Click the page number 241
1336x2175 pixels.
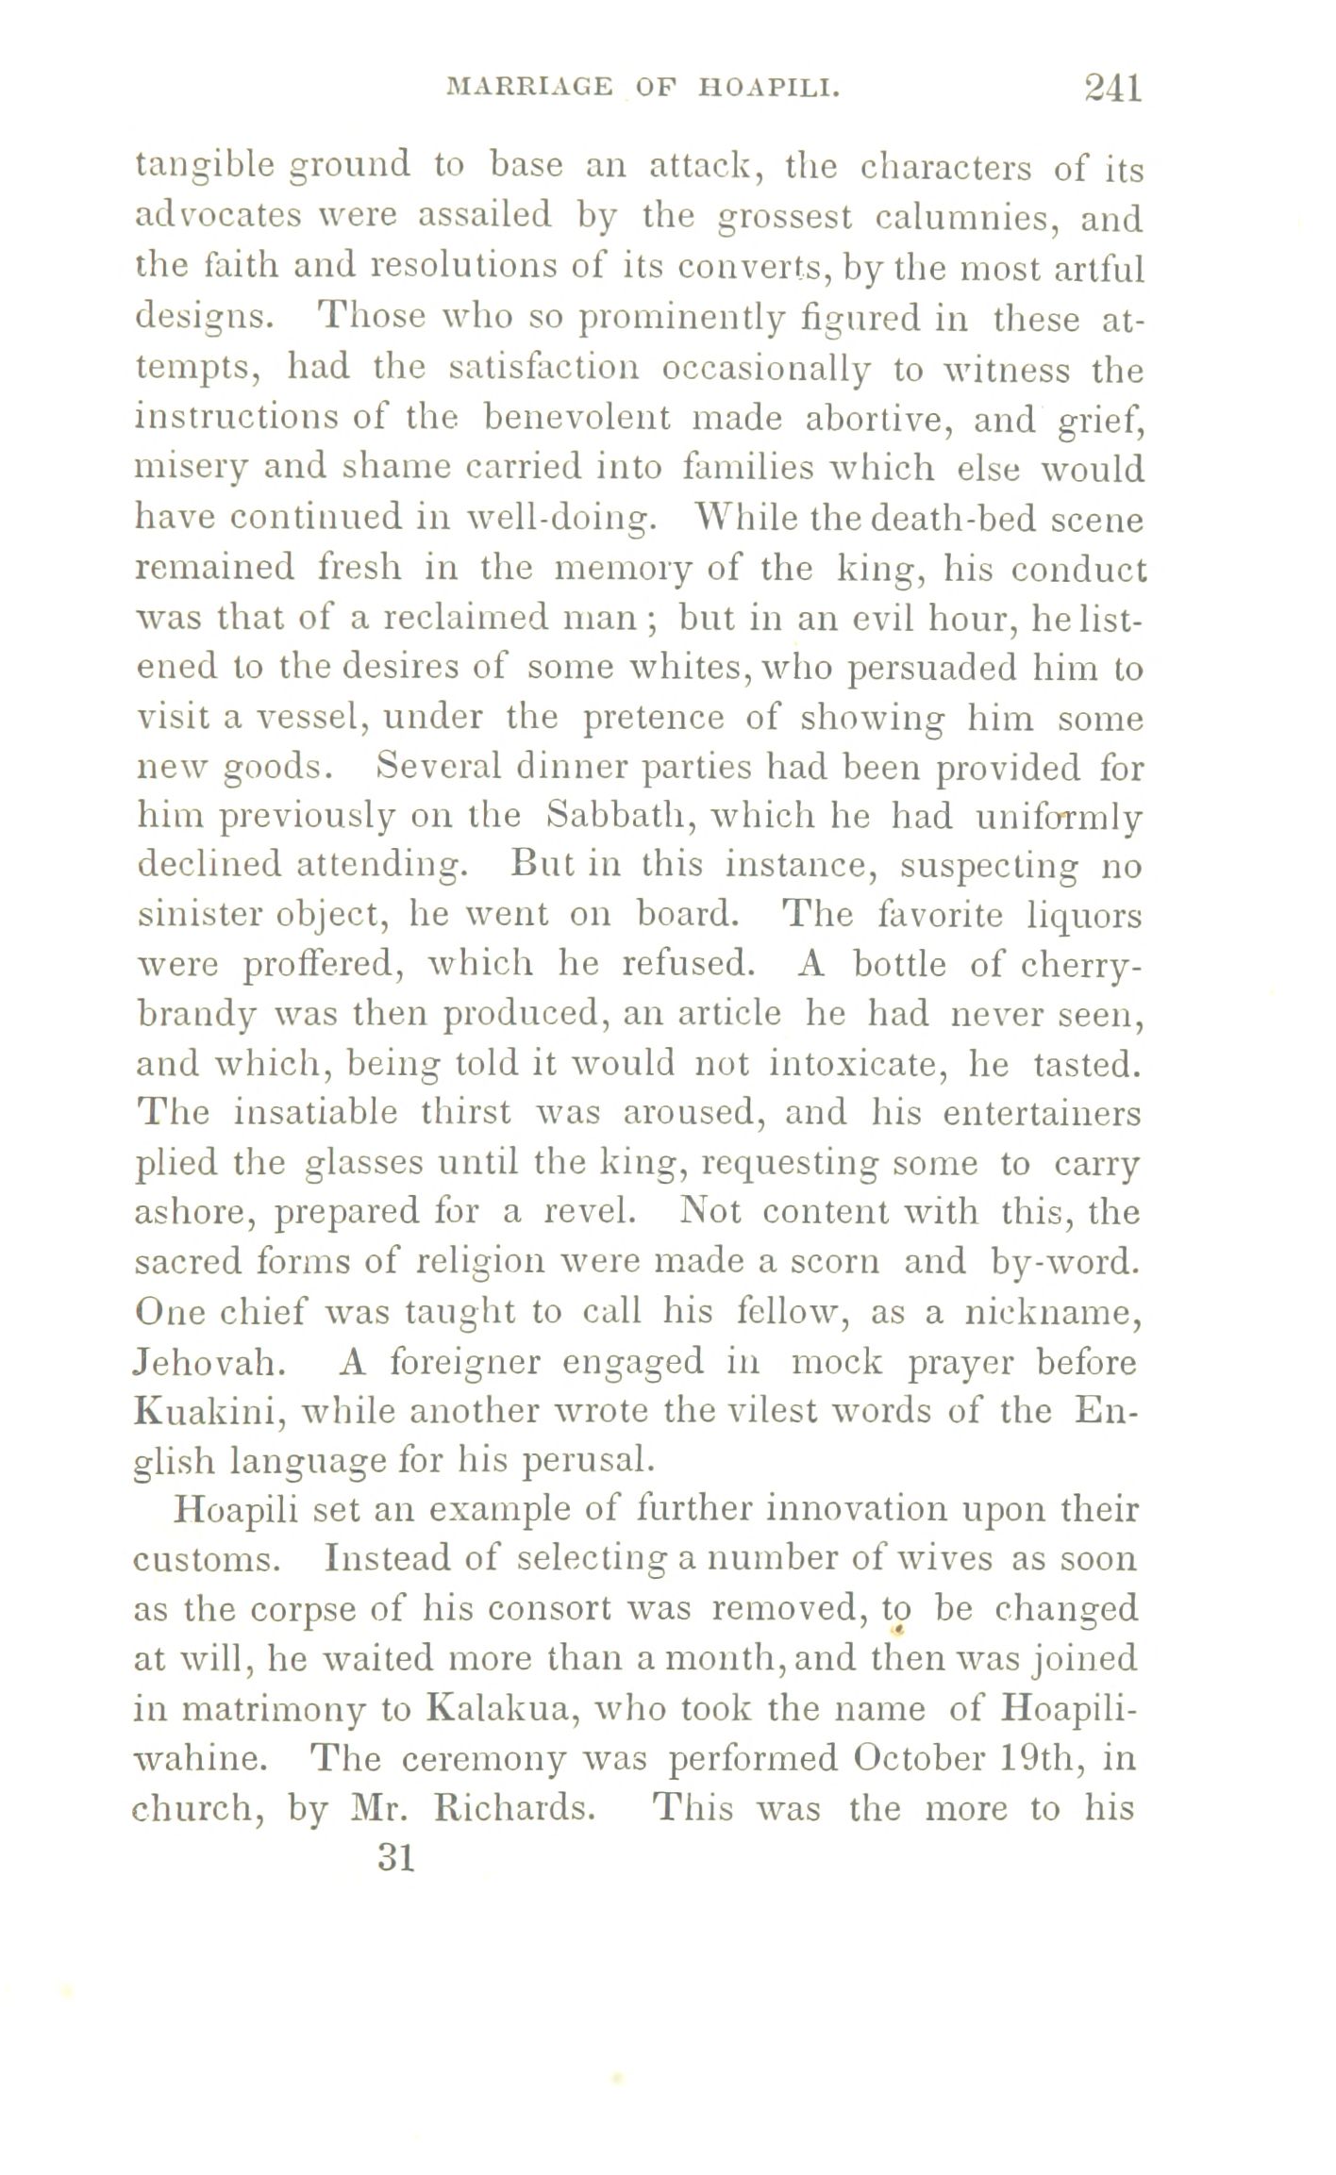(1113, 89)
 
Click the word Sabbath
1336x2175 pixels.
(616, 815)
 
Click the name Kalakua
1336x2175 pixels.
(499, 1708)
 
